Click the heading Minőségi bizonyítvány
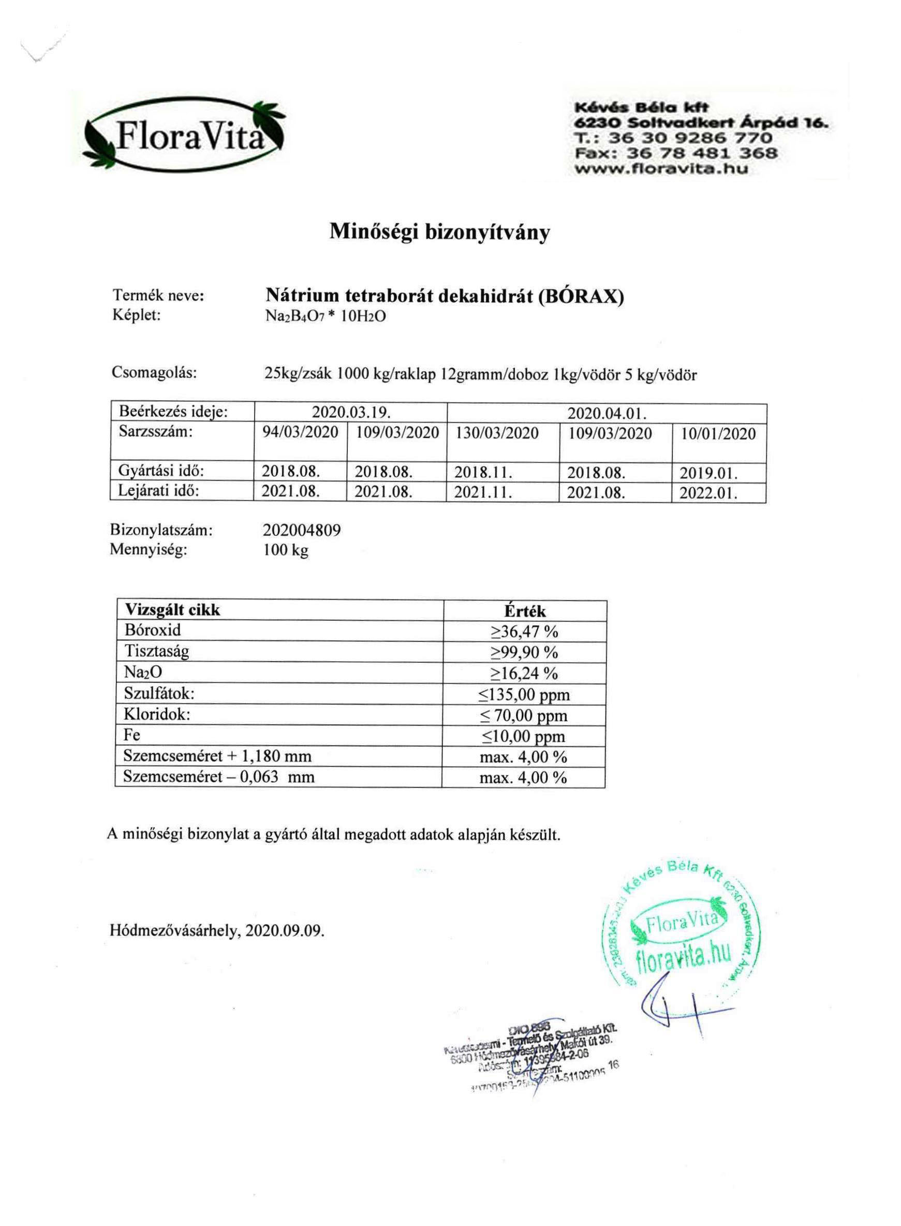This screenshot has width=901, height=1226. [x=439, y=232]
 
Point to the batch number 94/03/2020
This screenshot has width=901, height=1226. [x=300, y=433]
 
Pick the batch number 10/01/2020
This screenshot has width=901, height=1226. [x=718, y=434]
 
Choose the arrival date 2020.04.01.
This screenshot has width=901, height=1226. [x=607, y=414]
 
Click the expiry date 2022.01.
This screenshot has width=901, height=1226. [x=708, y=494]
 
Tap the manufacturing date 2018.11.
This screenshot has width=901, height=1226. [x=483, y=473]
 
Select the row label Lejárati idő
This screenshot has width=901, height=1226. [x=159, y=491]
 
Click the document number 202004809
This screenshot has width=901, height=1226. [x=302, y=530]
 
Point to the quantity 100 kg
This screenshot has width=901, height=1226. [x=286, y=550]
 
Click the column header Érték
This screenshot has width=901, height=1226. [x=525, y=611]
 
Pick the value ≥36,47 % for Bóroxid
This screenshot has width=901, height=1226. [x=524, y=632]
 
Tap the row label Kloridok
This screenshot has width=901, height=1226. [x=157, y=715]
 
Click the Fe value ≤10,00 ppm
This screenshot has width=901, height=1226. [x=524, y=737]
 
